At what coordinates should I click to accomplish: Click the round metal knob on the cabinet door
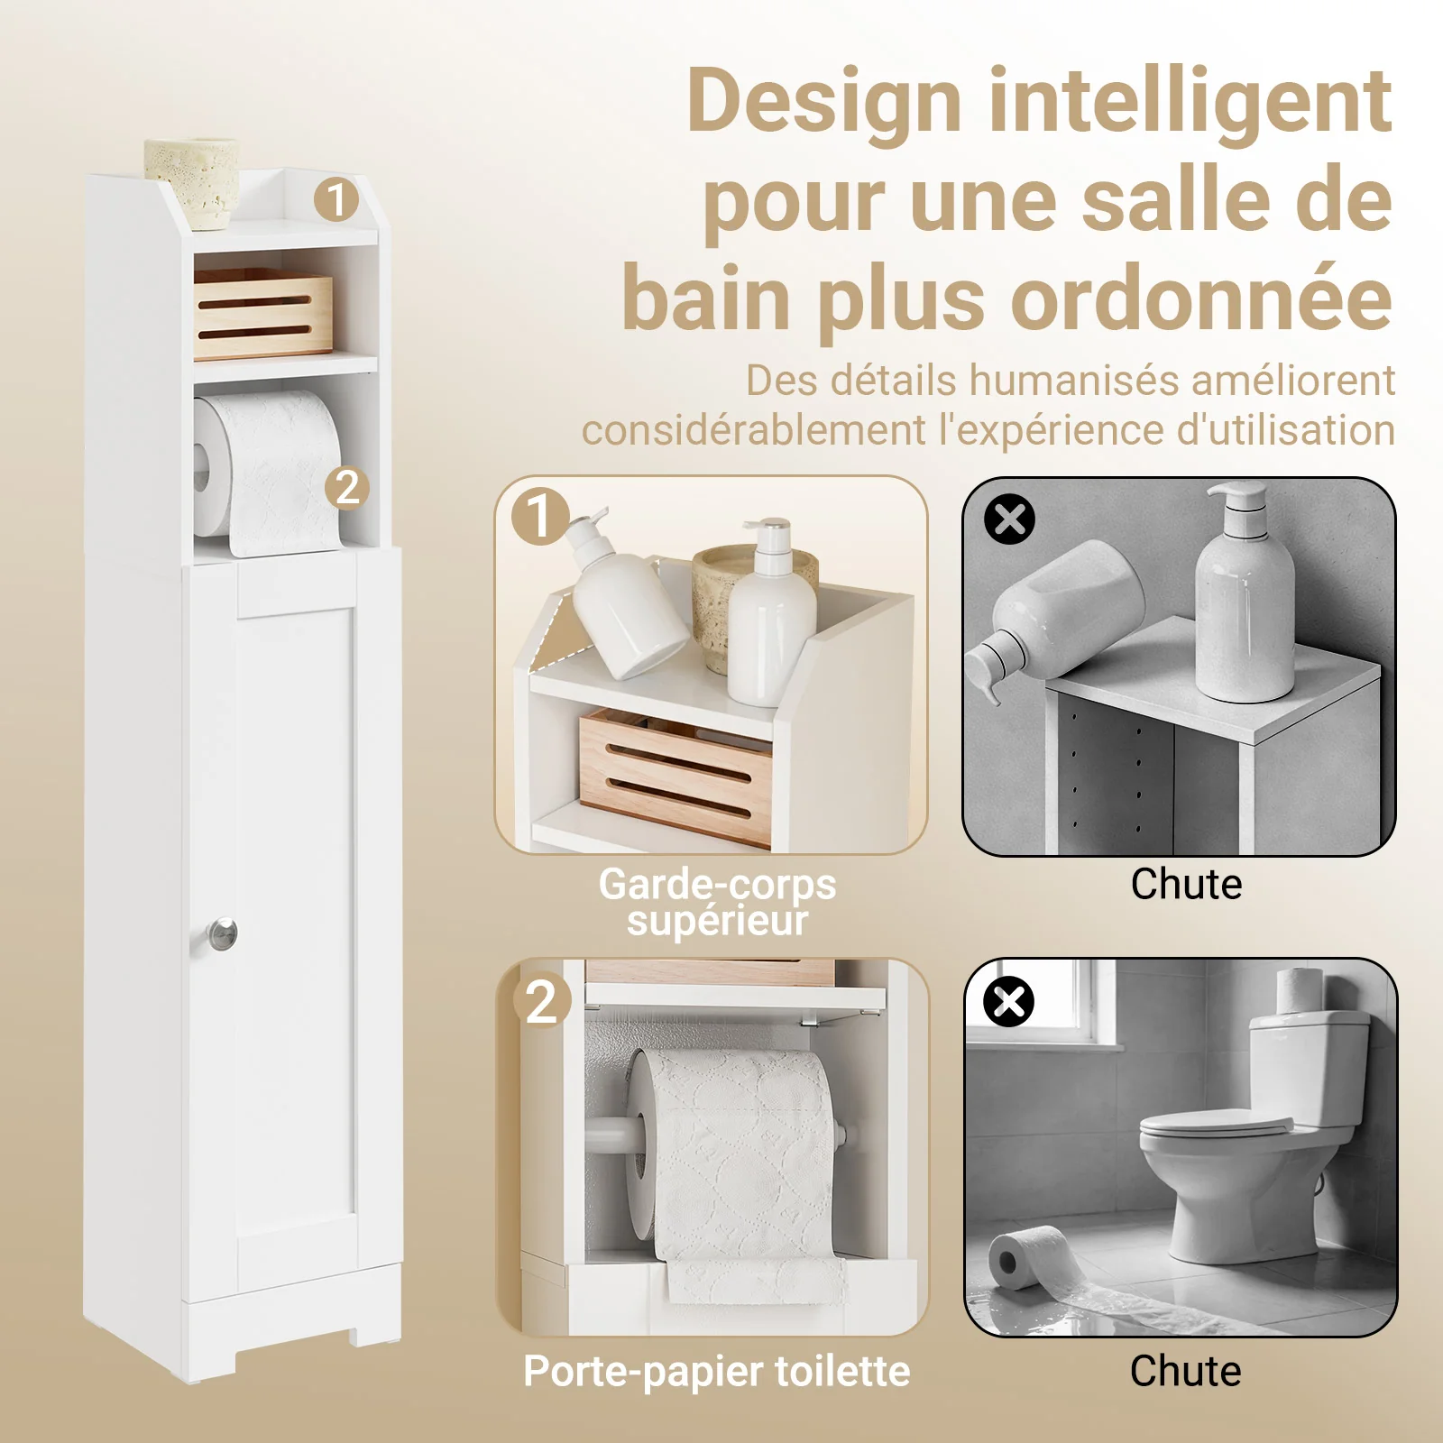coord(221,934)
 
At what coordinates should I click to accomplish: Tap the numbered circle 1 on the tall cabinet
coord(336,199)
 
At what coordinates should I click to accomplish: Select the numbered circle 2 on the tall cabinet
coord(347,488)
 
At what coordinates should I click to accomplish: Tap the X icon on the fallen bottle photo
coord(1009,519)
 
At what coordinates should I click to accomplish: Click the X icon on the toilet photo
coord(1008,1001)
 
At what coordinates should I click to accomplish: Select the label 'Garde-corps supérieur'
coord(717,902)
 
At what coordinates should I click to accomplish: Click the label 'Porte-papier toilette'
coord(717,1372)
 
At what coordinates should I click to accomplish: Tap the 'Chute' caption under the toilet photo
coord(1185,1371)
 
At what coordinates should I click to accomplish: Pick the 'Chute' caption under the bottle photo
coord(1186,884)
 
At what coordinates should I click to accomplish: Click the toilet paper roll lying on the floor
coord(1028,1257)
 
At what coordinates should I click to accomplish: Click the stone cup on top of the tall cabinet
coord(192,181)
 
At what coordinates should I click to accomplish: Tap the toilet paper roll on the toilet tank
coord(1300,989)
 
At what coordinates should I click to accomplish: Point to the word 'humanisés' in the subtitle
coord(1073,381)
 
